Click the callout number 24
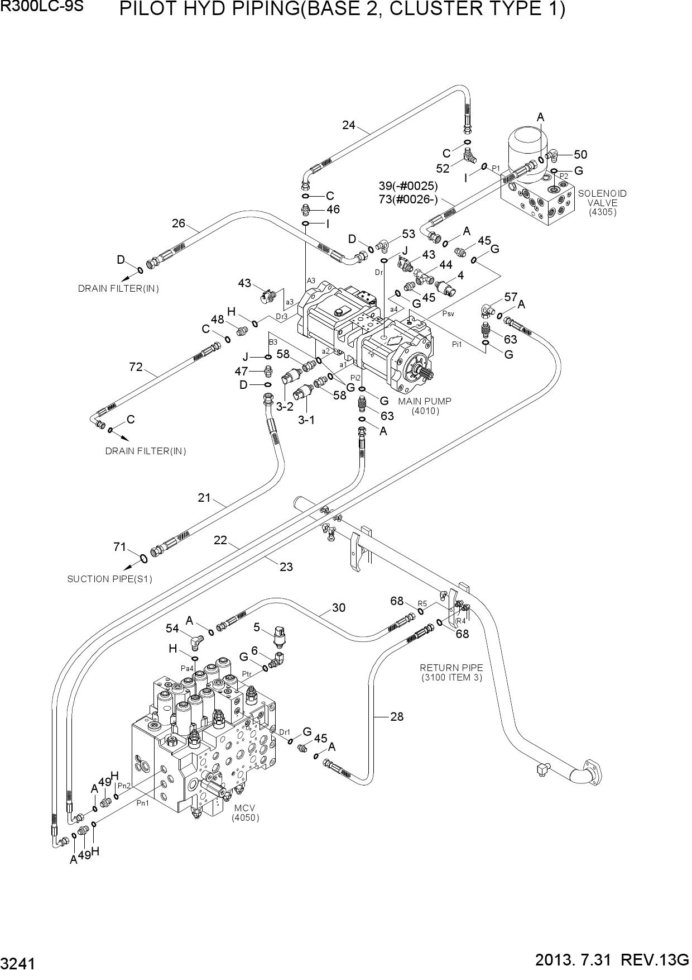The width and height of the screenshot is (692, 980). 349,125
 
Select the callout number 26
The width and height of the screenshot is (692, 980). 178,223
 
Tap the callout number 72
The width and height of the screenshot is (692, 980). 136,367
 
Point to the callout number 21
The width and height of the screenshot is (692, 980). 204,497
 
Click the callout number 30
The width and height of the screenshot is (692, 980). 339,608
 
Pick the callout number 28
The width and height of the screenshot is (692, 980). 397,716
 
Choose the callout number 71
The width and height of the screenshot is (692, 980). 120,547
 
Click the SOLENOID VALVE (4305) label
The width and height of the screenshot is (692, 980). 602,203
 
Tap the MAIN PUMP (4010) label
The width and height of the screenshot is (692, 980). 425,406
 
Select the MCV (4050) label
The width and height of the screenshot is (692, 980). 246,813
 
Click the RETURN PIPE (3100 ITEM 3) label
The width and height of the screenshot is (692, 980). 451,673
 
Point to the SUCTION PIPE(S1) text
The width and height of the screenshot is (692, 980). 109,579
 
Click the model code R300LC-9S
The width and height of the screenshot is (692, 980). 42,7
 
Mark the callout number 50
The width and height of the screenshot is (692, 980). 580,155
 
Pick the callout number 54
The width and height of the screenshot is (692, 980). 172,629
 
